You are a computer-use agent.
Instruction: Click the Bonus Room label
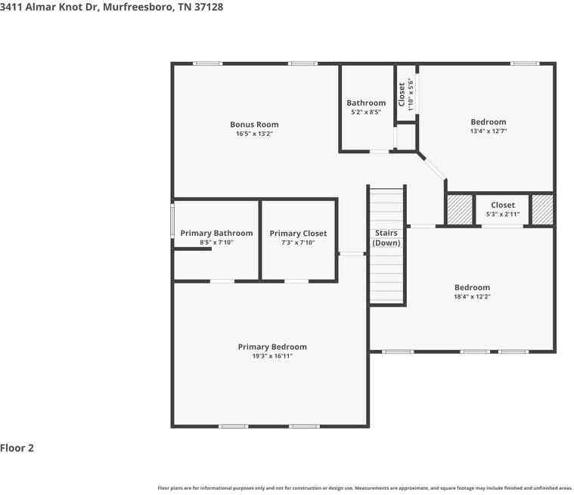point(254,125)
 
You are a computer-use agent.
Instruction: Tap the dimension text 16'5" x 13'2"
point(254,134)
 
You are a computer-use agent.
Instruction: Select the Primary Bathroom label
point(216,234)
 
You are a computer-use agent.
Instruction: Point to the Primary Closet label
point(298,234)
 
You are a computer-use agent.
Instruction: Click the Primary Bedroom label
point(272,347)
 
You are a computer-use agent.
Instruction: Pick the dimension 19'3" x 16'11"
point(272,356)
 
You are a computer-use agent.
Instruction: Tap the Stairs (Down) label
point(386,238)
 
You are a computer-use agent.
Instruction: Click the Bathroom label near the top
point(366,103)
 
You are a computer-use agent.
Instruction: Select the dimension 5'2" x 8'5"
point(366,112)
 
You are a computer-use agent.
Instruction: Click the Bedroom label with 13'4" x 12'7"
point(488,122)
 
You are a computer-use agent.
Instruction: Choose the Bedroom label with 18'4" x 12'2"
point(472,287)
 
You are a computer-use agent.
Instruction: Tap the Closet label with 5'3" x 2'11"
point(503,205)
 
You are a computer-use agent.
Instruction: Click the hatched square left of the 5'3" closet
point(459,209)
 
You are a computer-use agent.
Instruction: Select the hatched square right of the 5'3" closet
point(542,209)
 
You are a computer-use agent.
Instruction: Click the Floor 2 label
point(17,448)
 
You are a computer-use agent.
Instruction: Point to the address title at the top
point(111,7)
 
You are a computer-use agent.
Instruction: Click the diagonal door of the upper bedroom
point(432,166)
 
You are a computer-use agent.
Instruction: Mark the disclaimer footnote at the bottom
point(365,488)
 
